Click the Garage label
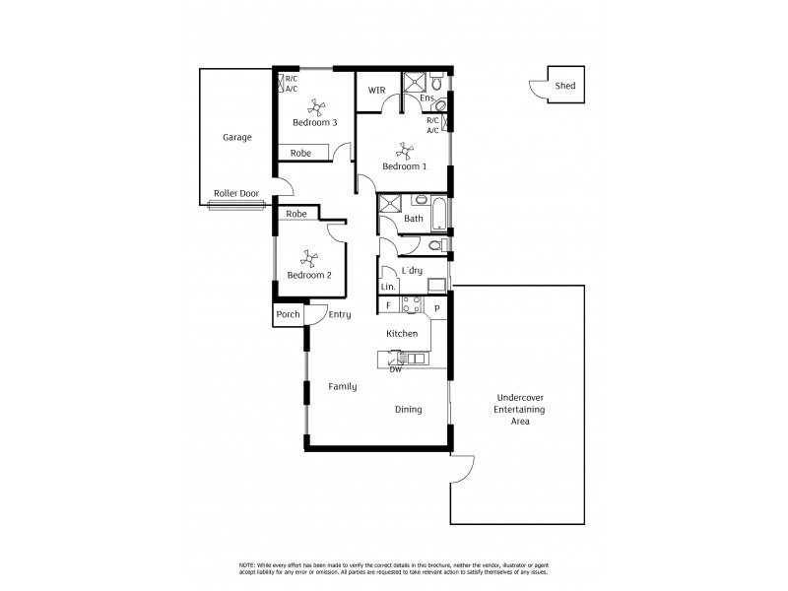click(236, 137)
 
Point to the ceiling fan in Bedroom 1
click(404, 150)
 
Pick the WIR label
click(376, 90)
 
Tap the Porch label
click(288, 315)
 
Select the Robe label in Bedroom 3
click(300, 153)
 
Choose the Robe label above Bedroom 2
click(296, 214)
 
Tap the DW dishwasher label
click(395, 368)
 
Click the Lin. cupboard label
click(388, 287)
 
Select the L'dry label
click(412, 270)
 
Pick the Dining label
click(408, 410)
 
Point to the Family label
click(342, 386)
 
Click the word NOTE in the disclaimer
click(248, 563)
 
